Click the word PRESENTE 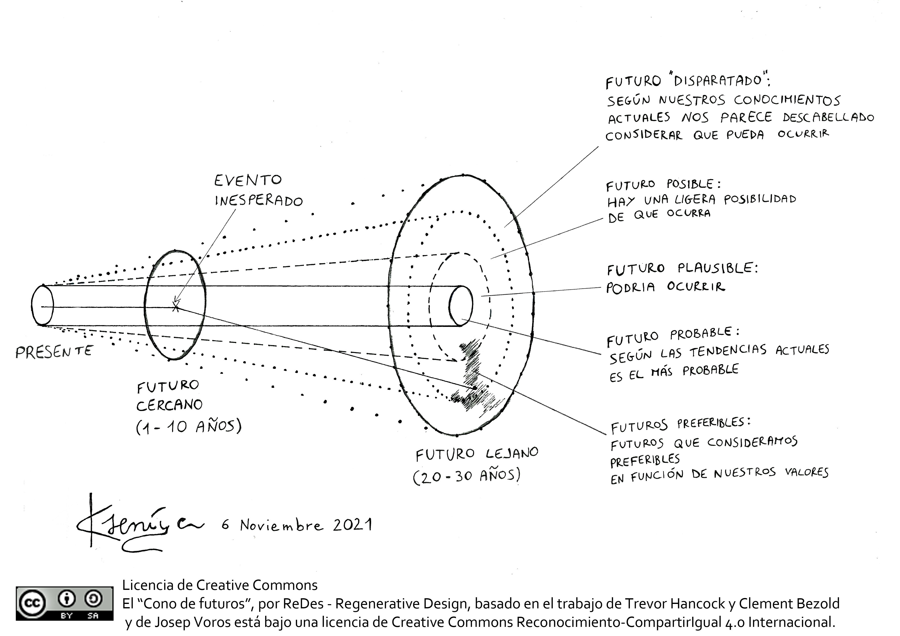point(54,352)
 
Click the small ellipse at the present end point(42,305)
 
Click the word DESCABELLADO point(828,117)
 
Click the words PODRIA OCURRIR point(665,287)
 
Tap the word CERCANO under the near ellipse point(169,405)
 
